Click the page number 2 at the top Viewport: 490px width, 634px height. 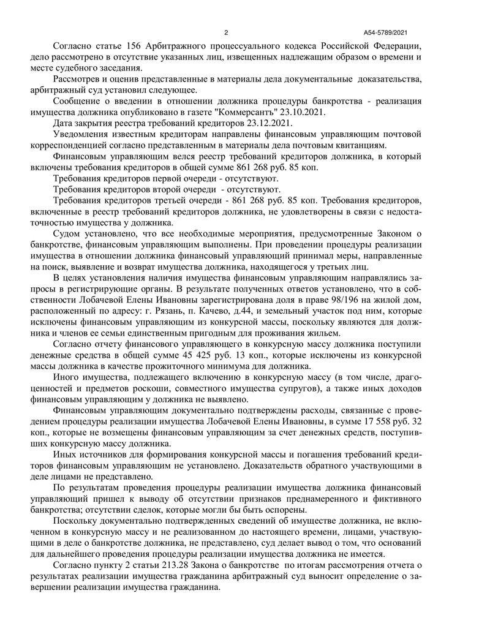(x=226, y=33)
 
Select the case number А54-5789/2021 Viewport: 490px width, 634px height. (x=385, y=33)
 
